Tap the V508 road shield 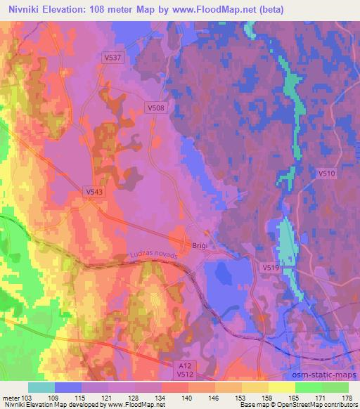[x=156, y=108]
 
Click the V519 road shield [x=272, y=268]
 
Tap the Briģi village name [x=200, y=245]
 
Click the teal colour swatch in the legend [x=41, y=387]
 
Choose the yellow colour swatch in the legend [x=282, y=387]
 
